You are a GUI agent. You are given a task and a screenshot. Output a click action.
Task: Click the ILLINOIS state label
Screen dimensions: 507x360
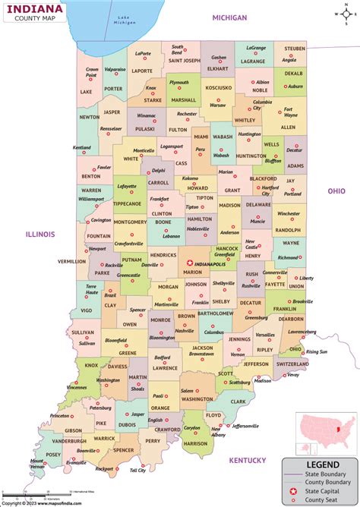[39, 235]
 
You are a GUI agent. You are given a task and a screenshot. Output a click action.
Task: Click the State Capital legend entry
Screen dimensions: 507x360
[327, 490]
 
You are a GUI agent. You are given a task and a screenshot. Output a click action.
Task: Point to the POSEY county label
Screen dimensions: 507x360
[54, 455]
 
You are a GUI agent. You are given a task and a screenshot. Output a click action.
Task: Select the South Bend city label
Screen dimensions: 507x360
[177, 49]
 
